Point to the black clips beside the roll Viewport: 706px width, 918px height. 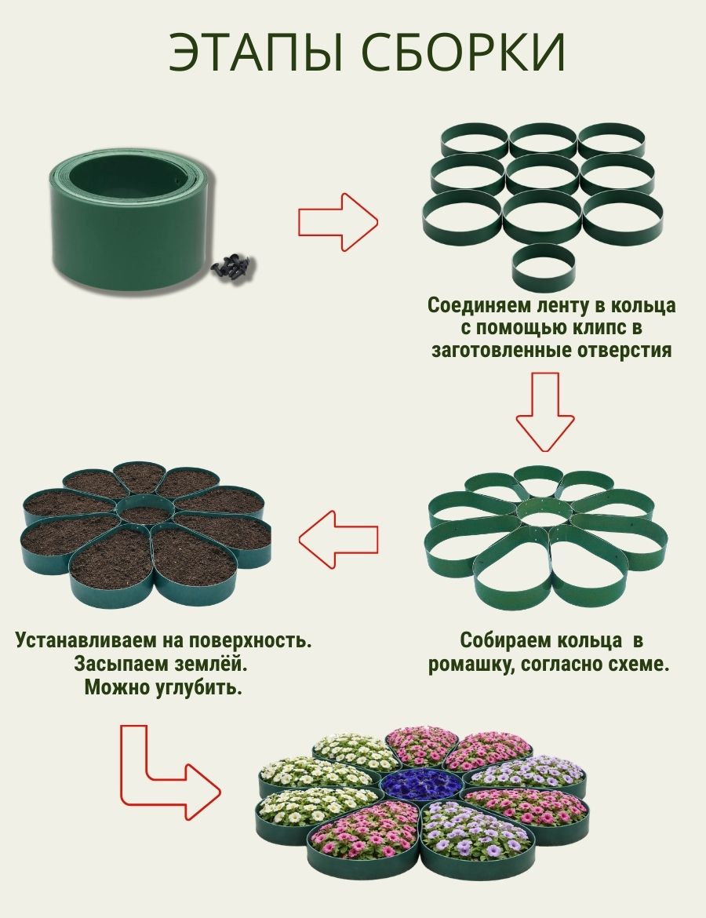[233, 269]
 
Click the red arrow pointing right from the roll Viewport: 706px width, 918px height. [337, 223]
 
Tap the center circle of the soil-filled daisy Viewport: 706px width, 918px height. [145, 512]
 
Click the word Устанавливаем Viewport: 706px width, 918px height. [89, 639]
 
